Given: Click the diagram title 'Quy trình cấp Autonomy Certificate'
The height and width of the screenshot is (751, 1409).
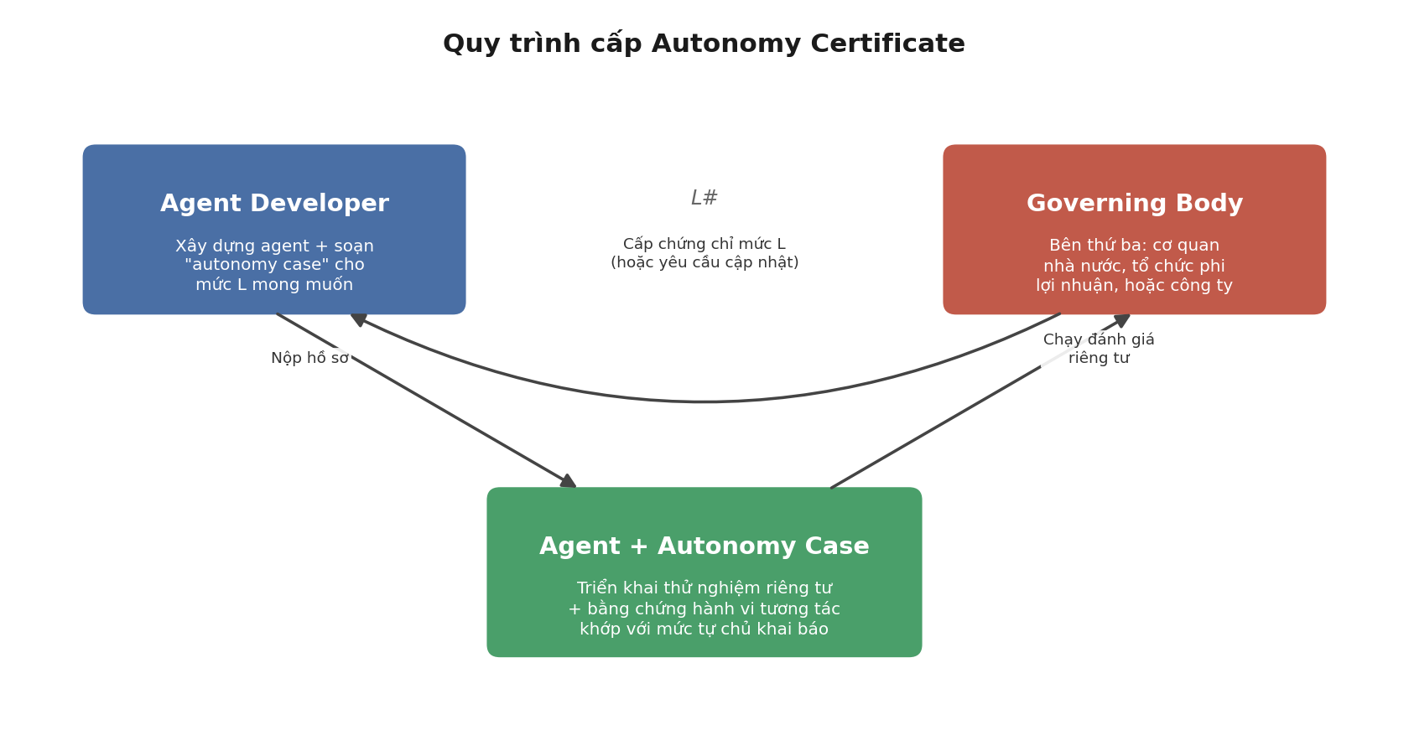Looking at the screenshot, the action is pyautogui.click(x=704, y=44).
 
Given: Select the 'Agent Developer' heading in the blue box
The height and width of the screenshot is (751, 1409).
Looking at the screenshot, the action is pyautogui.click(x=274, y=204).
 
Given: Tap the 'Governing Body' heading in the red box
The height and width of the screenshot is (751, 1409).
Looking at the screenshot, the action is pyautogui.click(x=1135, y=204).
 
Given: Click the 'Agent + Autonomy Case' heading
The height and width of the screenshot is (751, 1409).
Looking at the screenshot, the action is pyautogui.click(x=704, y=546).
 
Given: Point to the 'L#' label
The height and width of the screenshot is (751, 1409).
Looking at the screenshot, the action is pyautogui.click(x=704, y=198).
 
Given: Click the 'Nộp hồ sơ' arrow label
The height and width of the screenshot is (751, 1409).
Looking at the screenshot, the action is pyautogui.click(x=309, y=358).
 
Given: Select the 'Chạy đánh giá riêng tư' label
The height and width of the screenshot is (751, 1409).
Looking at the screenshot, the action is pyautogui.click(x=1099, y=349).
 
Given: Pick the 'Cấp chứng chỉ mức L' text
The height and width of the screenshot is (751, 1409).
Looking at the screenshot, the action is pyautogui.click(x=704, y=244).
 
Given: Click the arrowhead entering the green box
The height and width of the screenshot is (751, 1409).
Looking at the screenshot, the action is pyautogui.click(x=569, y=482).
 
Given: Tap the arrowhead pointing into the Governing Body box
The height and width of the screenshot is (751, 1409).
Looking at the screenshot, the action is pyautogui.click(x=1123, y=320).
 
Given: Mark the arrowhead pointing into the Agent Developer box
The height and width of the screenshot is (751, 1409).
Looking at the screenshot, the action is pyautogui.click(x=358, y=319).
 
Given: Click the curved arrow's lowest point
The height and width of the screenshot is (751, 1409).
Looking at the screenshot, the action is pyautogui.click(x=704, y=401).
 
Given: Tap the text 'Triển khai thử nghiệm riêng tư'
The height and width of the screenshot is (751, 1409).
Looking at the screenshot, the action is pyautogui.click(x=704, y=588).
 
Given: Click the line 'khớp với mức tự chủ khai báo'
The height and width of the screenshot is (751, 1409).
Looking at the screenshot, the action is pyautogui.click(x=704, y=629).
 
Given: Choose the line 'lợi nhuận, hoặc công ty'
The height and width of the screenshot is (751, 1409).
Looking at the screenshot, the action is pyautogui.click(x=1134, y=285).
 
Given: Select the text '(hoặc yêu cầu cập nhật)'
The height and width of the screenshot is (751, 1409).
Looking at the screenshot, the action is pyautogui.click(x=704, y=262).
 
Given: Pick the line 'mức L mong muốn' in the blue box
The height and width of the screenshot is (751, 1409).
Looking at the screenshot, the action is pyautogui.click(x=274, y=285).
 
